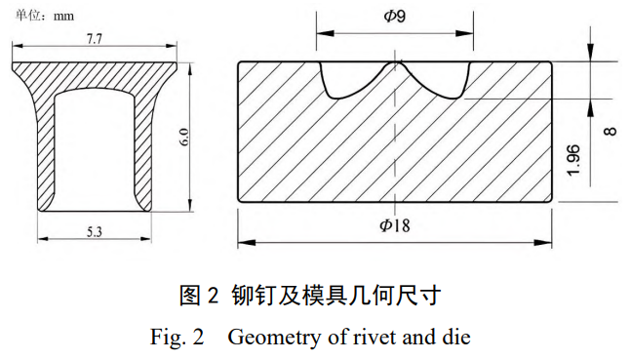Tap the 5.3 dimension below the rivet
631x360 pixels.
[x=96, y=231]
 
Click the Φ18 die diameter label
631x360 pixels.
[x=394, y=225]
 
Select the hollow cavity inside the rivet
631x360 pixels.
[x=94, y=146]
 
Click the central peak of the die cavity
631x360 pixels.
[x=393, y=66]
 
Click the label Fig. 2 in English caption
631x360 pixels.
[x=177, y=338]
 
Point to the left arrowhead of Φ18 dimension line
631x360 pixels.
[x=244, y=242]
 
